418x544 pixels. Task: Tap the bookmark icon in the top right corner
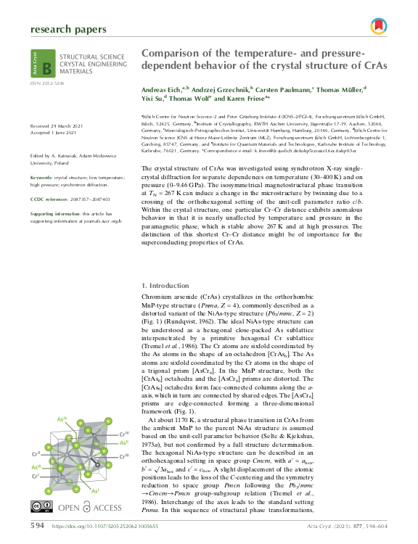pos(377,28)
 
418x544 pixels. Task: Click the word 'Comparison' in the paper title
pos(173,54)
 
